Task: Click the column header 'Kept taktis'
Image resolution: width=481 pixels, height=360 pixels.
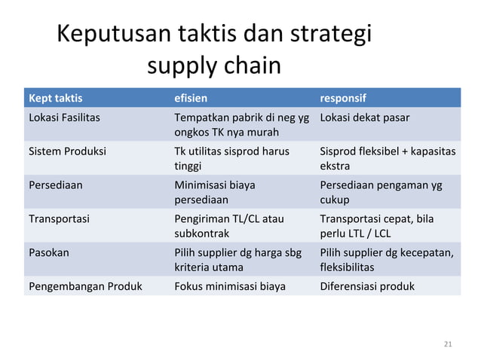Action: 56,98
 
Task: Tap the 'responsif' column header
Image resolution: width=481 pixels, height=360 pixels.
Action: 345,98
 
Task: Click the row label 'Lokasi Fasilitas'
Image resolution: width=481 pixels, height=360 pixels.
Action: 64,117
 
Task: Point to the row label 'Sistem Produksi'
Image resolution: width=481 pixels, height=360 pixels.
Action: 67,151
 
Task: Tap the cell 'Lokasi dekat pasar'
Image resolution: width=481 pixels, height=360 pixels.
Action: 365,117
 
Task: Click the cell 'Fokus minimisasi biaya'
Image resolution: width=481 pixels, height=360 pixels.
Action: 230,285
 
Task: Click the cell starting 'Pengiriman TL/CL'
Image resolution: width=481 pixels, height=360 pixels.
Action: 229,226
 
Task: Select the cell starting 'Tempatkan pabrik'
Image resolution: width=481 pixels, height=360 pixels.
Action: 241,124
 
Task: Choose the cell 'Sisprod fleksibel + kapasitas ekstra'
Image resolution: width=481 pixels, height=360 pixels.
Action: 388,158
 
